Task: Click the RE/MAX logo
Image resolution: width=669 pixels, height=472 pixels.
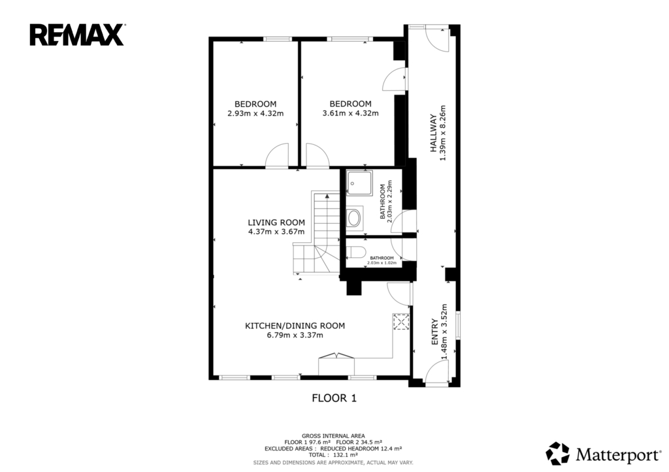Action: click(77, 35)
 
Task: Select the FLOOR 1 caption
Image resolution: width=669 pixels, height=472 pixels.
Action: click(334, 398)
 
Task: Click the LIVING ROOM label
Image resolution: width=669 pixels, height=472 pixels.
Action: click(276, 223)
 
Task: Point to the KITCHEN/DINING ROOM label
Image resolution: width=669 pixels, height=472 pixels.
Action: click(295, 326)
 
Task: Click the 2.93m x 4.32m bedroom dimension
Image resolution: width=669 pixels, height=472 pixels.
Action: click(255, 114)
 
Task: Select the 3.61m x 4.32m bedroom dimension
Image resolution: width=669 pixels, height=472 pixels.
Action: click(350, 114)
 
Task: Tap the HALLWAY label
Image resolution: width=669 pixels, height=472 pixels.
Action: click(434, 133)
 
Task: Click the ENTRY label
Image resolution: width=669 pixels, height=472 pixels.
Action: click(434, 332)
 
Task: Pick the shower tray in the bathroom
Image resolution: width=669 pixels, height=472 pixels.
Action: click(359, 183)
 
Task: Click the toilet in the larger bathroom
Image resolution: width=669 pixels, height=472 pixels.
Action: click(354, 218)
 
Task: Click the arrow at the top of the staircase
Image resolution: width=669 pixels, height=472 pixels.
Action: click(327, 196)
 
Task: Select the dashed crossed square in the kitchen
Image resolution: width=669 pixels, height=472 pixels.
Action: click(401, 322)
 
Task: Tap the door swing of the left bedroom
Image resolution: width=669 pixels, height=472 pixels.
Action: click(276, 154)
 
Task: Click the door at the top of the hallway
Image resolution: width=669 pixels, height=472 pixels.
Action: click(438, 39)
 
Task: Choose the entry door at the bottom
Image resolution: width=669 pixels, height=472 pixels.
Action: click(436, 372)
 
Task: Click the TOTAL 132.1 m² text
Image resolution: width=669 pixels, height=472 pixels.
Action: click(333, 455)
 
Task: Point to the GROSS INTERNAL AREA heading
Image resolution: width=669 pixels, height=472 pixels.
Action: click(333, 435)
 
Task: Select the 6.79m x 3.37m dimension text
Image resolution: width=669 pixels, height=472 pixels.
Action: click(295, 335)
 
